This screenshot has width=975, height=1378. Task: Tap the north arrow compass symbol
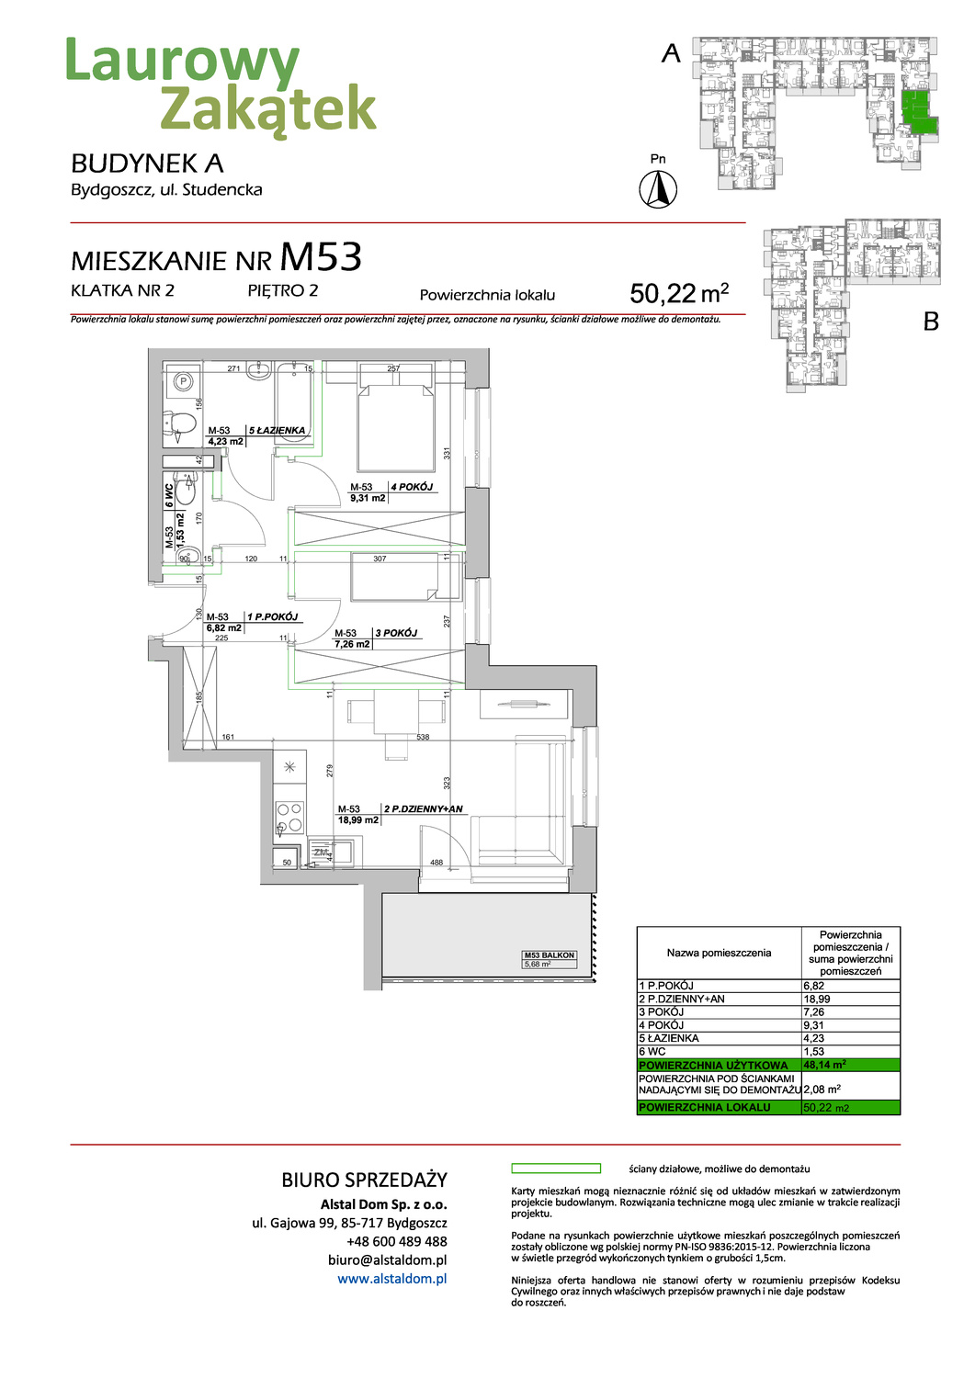pos(658,190)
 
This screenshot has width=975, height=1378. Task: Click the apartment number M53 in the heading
pos(321,258)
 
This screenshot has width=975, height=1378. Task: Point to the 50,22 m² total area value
pos(679,293)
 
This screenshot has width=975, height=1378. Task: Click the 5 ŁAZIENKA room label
pos(277,430)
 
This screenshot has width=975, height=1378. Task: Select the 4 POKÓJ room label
pos(412,487)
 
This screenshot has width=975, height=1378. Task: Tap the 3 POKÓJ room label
pos(396,633)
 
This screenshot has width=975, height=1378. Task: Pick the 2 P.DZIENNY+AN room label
pos(423,809)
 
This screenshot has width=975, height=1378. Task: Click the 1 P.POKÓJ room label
pos(272,617)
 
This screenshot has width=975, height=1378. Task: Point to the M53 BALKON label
pos(549,955)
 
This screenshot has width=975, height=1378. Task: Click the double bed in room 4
pos(395,418)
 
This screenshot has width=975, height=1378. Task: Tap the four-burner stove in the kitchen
pos(289,818)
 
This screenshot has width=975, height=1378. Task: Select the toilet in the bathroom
pos(182,424)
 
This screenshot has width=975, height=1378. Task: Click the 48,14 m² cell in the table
pos(824,1065)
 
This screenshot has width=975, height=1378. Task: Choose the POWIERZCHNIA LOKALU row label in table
pos(705,1108)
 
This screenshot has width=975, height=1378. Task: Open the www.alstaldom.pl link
pos(391,1279)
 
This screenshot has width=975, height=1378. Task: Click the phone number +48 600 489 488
pos(396,1241)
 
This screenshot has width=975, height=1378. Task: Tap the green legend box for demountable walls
pos(555,1169)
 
